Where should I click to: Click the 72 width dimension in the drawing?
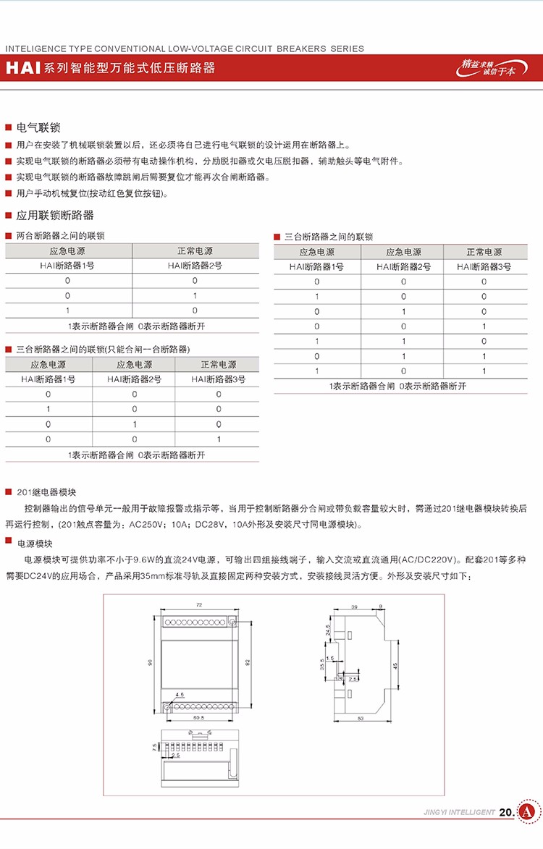coord(199,604)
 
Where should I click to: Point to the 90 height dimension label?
coord(149,662)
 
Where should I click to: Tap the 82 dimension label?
coord(247,662)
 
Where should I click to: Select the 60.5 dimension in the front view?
coord(199,718)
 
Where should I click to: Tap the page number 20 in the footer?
coord(506,812)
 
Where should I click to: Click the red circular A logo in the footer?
coord(528,812)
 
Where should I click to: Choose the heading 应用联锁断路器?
coord(55,215)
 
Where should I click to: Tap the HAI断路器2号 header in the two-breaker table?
coord(195,265)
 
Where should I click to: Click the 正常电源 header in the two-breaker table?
coord(195,250)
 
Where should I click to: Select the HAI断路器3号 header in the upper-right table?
coord(484,266)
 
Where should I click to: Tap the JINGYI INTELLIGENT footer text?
coord(459,813)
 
